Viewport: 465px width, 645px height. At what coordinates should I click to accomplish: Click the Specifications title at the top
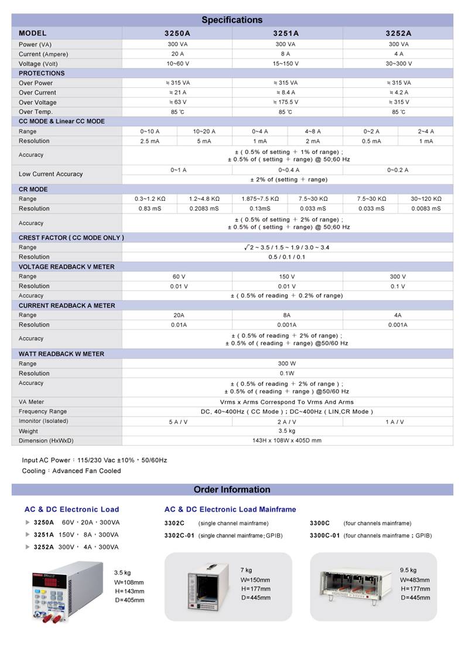coord(232,20)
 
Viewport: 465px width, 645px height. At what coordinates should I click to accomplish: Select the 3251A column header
coord(286,33)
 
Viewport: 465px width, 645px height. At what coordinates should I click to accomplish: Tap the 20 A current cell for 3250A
coord(177,54)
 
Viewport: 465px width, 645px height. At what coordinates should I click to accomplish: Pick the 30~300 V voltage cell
coord(398,63)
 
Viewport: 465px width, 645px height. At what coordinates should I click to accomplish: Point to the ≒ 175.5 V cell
coord(287,102)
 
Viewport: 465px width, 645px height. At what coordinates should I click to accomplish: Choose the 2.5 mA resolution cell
coord(149,141)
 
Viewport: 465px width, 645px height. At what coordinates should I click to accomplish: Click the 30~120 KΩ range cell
coord(426,199)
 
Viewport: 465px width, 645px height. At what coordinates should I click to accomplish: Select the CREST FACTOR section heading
coord(71,238)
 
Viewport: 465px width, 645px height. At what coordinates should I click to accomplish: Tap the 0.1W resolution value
coord(287,373)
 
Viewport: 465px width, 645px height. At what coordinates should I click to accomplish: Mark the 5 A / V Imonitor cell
coord(177,421)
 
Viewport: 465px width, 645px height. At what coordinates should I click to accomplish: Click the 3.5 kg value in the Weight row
coord(287,431)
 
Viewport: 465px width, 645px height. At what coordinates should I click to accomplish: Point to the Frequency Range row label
coord(43,411)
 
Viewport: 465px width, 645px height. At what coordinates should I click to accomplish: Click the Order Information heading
coord(232,489)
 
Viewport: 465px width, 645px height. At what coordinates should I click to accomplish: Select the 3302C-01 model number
coord(179,535)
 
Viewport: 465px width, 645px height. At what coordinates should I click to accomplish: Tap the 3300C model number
coord(320,523)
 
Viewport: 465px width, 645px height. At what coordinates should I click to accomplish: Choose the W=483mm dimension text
coord(415,580)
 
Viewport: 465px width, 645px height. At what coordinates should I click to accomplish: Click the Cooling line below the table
coord(71,471)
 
